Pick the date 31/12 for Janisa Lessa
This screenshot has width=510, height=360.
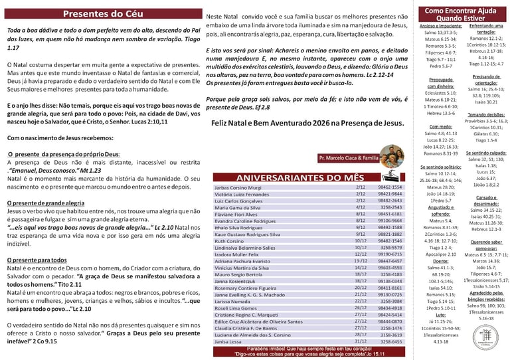[x=361, y=342]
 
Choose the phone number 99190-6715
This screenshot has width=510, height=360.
[x=390, y=254]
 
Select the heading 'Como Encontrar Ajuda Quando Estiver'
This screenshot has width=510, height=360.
[x=461, y=15]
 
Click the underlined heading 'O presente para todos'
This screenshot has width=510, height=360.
[x=39, y=260]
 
